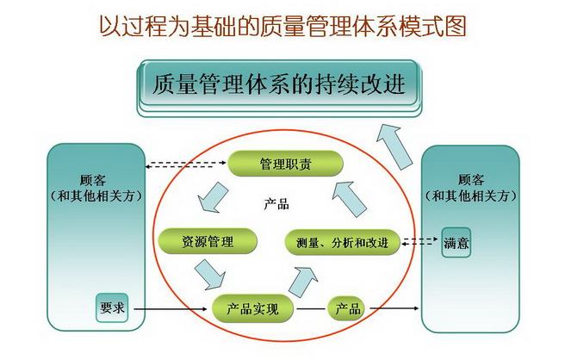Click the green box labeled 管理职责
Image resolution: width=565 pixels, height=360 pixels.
tap(285, 164)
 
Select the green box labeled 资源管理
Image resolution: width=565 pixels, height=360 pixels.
tap(208, 241)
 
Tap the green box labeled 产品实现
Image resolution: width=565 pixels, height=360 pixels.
tap(252, 308)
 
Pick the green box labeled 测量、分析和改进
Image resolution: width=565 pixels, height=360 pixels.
tap(342, 242)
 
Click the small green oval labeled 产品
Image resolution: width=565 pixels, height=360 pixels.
tap(346, 308)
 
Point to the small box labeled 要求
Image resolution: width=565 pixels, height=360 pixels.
tap(112, 307)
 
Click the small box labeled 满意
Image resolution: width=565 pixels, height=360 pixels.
tap(456, 243)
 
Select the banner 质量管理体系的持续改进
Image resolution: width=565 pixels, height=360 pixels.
tap(279, 85)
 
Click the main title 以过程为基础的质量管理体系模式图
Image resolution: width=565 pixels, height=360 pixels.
tap(282, 26)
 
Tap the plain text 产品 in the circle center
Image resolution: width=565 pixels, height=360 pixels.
tap(276, 204)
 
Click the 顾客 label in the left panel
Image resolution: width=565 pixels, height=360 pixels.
tap(93, 180)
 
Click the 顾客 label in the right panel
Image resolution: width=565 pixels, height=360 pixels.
tap(471, 179)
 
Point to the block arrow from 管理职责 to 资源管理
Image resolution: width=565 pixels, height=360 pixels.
tap(213, 197)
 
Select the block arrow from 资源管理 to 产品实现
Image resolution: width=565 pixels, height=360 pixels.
tap(209, 274)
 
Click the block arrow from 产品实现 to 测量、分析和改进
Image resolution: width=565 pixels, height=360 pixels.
tap(303, 282)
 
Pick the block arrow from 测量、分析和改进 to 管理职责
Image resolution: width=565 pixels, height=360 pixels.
tap(349, 199)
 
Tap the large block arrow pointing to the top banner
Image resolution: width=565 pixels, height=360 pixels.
tap(394, 147)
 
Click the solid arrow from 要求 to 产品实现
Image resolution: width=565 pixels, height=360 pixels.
tap(171, 309)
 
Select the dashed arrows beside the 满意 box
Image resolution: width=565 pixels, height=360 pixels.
tap(419, 241)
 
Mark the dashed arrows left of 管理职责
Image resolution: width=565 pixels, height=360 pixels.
tap(186, 164)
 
